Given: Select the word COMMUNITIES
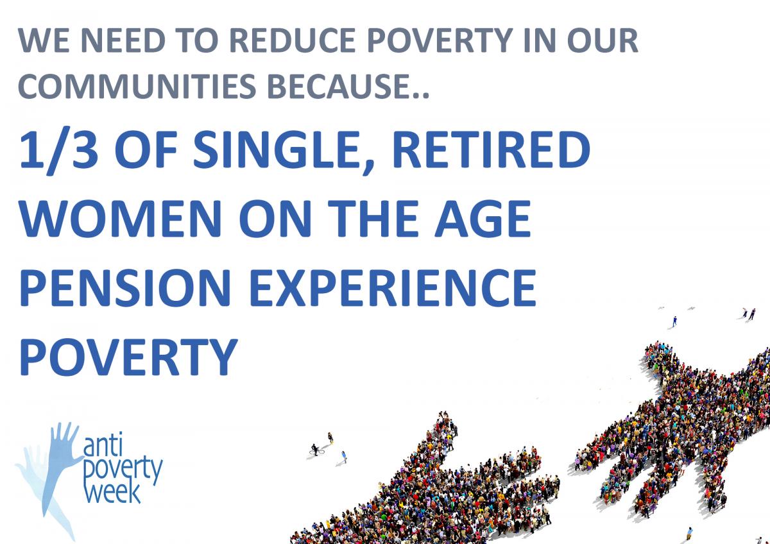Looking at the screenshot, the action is point(137,85).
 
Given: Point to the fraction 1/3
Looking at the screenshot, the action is point(59,150).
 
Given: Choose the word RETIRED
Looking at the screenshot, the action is point(491,150).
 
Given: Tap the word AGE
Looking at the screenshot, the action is point(483,219).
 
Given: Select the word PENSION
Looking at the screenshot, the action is point(125,287).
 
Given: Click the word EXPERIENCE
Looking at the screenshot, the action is point(393,287).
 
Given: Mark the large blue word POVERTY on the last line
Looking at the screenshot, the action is point(128,357).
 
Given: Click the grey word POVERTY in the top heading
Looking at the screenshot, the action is point(440,40).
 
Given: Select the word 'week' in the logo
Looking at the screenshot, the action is point(112,492).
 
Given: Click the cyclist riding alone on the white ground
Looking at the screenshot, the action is point(316,450).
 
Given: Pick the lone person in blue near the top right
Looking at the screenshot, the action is point(675,321).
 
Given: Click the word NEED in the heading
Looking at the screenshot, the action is point(123,40).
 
